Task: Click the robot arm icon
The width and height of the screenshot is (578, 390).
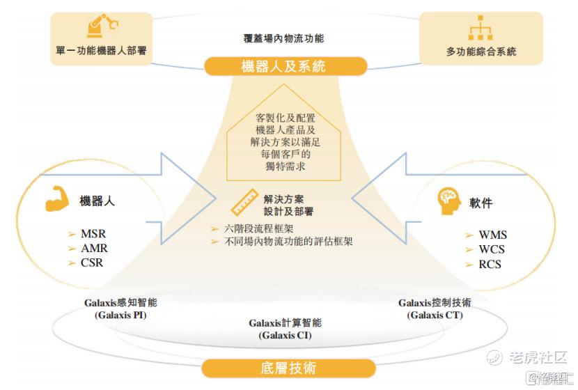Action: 102,26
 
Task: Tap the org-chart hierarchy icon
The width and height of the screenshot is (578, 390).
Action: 481,27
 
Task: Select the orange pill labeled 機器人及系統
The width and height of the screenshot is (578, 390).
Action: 286,66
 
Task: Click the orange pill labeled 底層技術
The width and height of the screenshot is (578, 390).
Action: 288,368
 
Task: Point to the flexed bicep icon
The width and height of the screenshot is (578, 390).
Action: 58,199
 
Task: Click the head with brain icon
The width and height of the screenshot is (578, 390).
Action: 449,201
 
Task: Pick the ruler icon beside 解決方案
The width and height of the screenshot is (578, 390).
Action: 244,202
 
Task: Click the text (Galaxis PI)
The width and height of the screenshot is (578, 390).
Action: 120,315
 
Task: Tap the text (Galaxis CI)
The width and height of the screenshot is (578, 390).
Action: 285,336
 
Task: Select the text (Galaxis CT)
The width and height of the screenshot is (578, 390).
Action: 435,315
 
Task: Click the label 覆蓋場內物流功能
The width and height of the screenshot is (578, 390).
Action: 284,38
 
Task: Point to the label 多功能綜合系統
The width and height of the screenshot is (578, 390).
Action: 481,52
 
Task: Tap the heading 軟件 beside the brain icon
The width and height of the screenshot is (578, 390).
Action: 481,203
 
